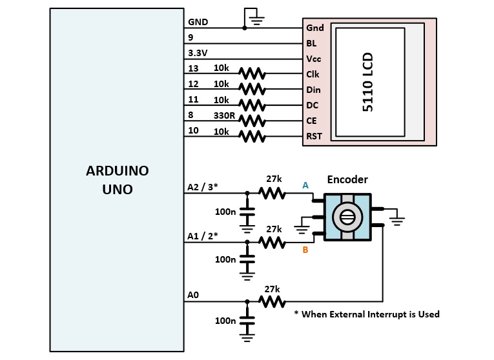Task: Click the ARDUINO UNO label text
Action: click(117, 181)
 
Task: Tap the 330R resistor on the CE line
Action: click(251, 121)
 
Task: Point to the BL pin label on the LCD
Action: click(311, 43)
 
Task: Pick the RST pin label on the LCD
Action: click(313, 136)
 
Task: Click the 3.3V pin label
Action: click(198, 53)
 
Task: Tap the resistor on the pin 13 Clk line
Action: click(251, 74)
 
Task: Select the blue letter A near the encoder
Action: click(305, 185)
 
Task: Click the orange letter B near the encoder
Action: click(305, 250)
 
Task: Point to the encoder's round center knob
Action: click(347, 218)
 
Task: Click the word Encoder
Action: click(347, 180)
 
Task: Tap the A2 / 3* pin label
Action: click(203, 187)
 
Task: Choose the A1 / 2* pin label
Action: click(203, 236)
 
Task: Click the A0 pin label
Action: click(193, 295)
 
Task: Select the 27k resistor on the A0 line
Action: click(272, 301)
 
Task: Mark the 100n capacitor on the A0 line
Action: click(247, 319)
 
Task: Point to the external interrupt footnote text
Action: click(366, 314)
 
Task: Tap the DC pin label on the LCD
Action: click(312, 105)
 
